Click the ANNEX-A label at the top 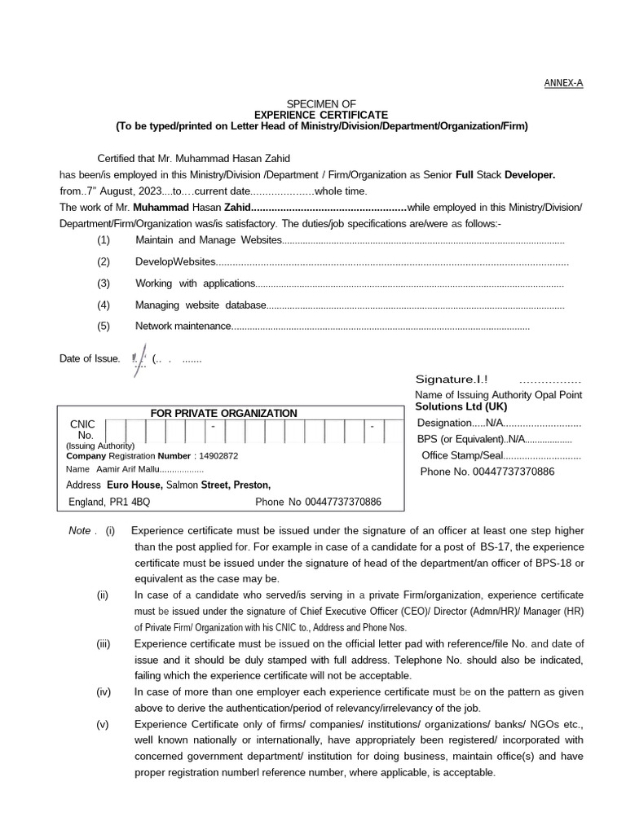point(563,83)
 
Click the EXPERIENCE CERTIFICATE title point(321,115)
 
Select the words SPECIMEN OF point(321,104)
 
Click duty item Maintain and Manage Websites point(208,240)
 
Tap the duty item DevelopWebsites point(175,261)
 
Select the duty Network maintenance point(183,326)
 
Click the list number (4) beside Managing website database point(103,305)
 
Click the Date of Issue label point(90,358)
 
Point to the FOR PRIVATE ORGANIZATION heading point(223,413)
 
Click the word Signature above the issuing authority point(445,380)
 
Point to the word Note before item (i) point(80,530)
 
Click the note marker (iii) point(103,643)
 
